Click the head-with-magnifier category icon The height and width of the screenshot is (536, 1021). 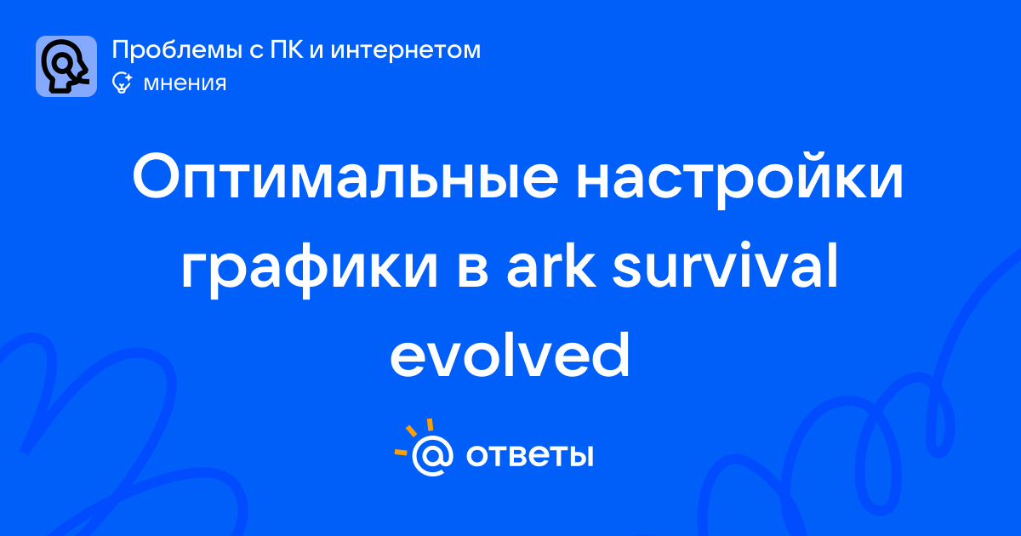66,66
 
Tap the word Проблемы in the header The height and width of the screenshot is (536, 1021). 177,50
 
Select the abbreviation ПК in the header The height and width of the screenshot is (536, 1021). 286,49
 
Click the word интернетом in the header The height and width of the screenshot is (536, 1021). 406,50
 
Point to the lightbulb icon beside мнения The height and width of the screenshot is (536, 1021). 122,83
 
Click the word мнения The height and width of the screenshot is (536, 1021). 185,84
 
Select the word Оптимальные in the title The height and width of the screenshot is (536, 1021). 345,178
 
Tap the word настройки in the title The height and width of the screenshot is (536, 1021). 739,181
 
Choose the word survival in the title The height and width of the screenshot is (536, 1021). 725,265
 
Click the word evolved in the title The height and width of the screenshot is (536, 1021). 510,355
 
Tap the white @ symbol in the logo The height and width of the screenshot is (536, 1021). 432,455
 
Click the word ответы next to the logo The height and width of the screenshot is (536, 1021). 529,455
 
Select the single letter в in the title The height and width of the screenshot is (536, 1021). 472,272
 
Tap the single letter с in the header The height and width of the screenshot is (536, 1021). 256,52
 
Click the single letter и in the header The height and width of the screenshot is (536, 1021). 317,52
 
